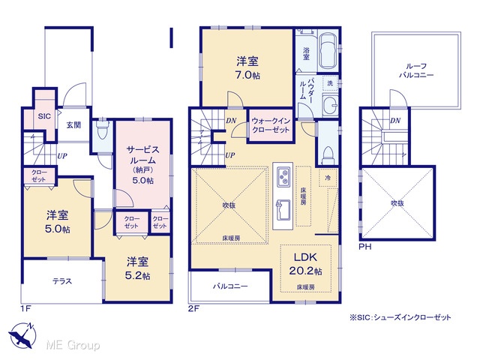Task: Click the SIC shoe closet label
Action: point(44,116)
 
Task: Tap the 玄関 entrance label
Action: point(73,125)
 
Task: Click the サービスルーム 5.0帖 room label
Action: point(143,165)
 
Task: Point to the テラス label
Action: point(62,281)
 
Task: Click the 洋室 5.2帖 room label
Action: point(138,268)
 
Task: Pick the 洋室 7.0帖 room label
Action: point(247,68)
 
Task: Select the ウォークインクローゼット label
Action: point(271,125)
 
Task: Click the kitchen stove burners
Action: point(283,177)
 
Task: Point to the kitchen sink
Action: point(283,210)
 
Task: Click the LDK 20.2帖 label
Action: point(306,264)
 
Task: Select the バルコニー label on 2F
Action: point(230,286)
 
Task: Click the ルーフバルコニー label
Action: point(416,70)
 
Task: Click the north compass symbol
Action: point(22,335)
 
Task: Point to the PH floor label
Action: point(365,247)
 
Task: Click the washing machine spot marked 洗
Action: point(330,83)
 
